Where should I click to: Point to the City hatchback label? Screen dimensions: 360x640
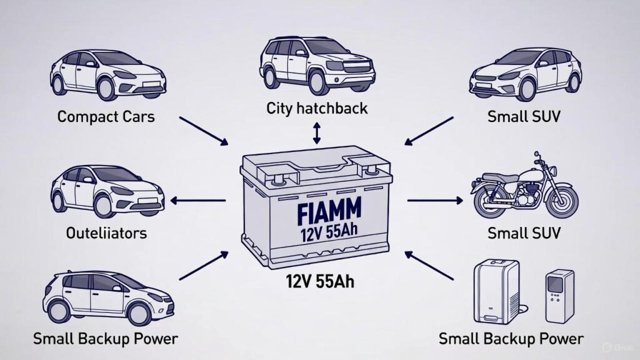click(x=317, y=108)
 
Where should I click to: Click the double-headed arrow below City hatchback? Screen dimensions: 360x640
click(x=317, y=133)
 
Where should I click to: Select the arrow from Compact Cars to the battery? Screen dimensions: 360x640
click(x=203, y=130)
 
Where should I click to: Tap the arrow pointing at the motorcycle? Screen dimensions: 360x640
click(x=435, y=201)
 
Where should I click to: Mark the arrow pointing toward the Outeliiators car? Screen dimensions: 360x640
click(x=198, y=201)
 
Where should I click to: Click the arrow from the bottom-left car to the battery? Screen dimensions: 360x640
click(x=203, y=264)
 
